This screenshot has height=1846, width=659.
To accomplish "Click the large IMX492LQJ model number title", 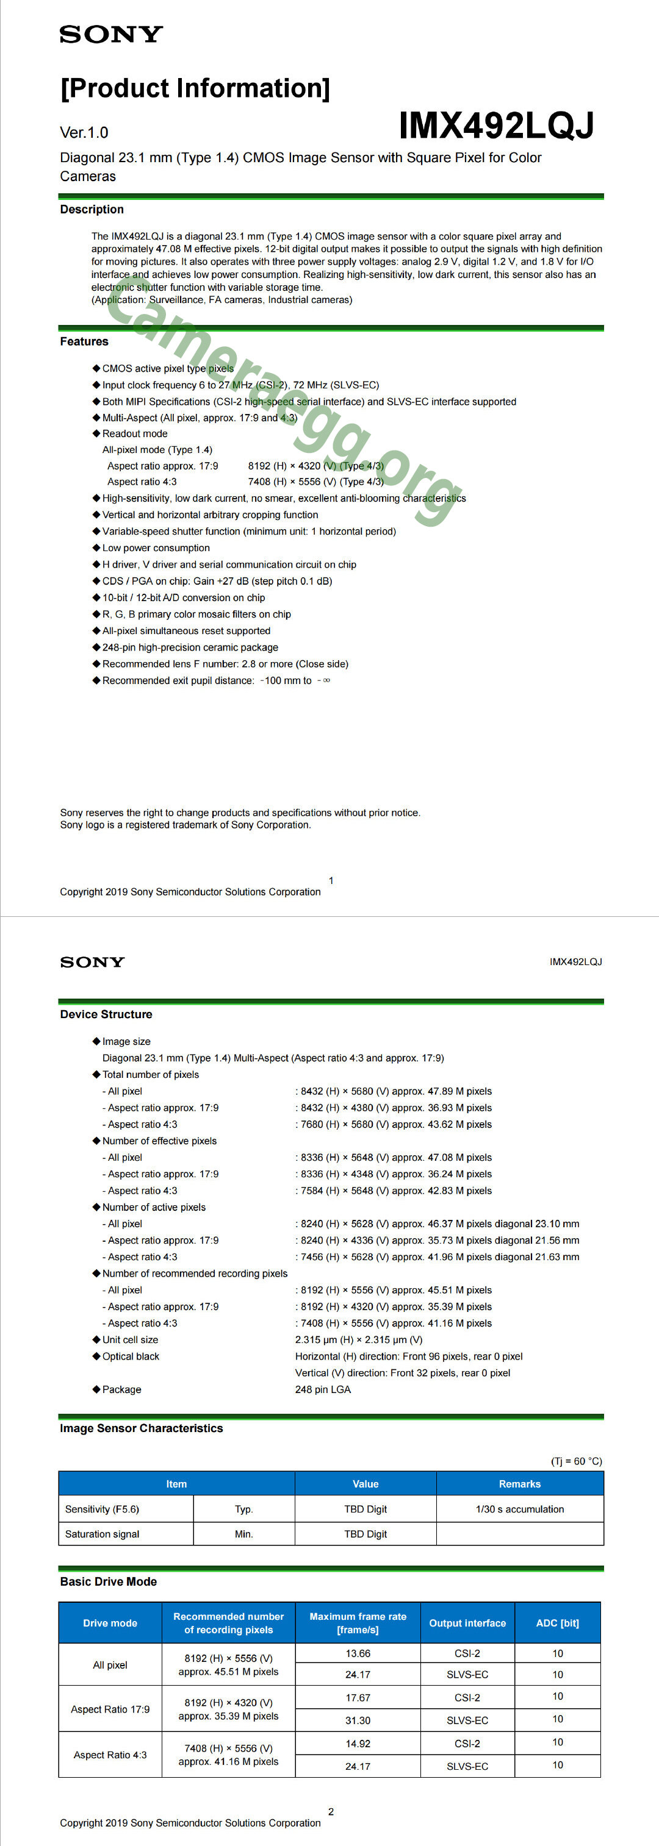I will tap(496, 126).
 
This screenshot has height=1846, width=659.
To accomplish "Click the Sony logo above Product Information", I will tap(111, 34).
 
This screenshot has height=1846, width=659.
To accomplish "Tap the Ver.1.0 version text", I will tap(84, 132).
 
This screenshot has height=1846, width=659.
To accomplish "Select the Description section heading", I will tap(92, 209).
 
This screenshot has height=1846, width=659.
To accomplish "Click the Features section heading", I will tap(84, 341).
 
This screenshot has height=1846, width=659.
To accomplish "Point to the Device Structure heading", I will tap(106, 1014).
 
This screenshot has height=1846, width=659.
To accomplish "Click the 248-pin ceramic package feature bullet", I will tap(190, 647).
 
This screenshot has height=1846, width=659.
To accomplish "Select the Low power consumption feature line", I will tap(156, 547).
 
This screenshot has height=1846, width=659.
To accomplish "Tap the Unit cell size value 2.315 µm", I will tap(359, 1339).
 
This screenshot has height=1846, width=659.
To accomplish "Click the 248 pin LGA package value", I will tap(323, 1389).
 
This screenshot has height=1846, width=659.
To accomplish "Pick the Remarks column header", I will tap(519, 1483).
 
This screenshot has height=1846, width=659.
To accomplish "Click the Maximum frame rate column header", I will tap(358, 1622).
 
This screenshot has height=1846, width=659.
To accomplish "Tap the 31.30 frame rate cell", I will tap(358, 1720).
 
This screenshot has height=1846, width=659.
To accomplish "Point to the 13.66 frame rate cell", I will tap(358, 1653).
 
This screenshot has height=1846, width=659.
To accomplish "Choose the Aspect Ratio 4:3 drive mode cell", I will tap(110, 1755).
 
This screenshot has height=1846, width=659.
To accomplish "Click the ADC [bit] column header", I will tap(557, 1622).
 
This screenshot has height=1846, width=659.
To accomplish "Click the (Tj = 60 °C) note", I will tap(576, 1461).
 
